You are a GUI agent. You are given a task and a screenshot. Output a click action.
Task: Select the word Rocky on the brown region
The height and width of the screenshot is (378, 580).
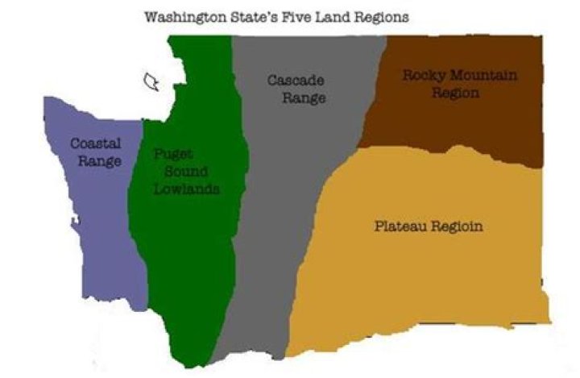[425, 76]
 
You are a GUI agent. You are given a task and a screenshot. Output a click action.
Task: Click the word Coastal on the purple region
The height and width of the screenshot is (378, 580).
[95, 143]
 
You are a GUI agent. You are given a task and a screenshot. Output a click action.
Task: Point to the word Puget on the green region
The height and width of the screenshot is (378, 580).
[174, 154]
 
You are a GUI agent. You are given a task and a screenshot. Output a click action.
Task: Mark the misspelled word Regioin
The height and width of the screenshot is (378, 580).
[458, 226]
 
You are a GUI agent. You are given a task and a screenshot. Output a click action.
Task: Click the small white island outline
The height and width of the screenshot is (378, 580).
[151, 81]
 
